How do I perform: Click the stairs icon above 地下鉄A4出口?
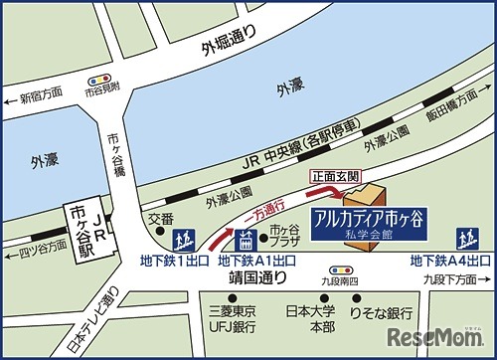tap(465, 239)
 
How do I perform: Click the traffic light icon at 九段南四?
tap(339, 270)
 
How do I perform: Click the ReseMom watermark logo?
tap(443, 333)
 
